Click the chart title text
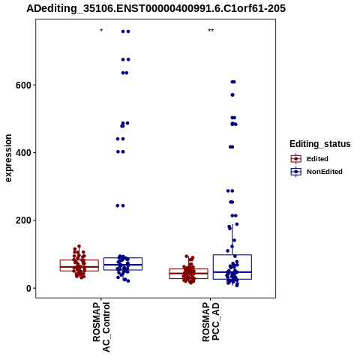(x=156, y=8)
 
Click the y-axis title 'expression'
(x=8, y=158)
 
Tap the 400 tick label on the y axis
(x=23, y=152)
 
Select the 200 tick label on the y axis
(x=23, y=220)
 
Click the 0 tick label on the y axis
(x=28, y=288)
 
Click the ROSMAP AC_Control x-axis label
(x=101, y=327)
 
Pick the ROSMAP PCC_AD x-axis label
(x=211, y=322)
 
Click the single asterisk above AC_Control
(x=101, y=31)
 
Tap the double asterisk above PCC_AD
(x=211, y=31)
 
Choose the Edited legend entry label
(x=317, y=159)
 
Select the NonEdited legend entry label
(x=325, y=172)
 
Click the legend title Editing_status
(x=320, y=144)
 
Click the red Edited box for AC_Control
(x=79, y=265)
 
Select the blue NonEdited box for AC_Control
(x=123, y=264)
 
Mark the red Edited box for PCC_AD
(x=188, y=274)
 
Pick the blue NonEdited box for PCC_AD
(x=232, y=267)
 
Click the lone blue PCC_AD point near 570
(x=232, y=95)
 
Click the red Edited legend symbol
(x=296, y=159)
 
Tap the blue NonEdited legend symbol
(x=296, y=172)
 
